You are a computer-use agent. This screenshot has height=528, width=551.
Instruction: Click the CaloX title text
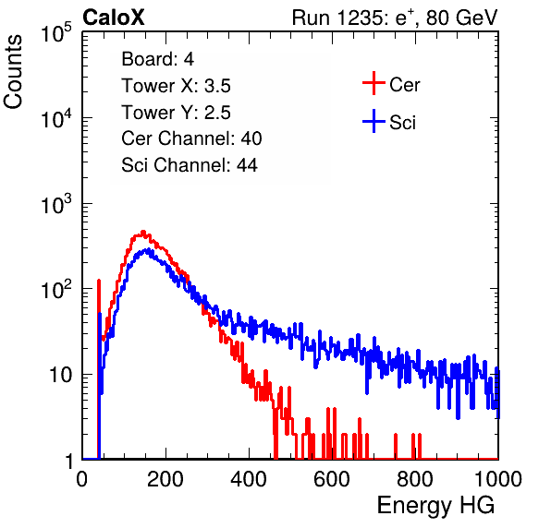(113, 18)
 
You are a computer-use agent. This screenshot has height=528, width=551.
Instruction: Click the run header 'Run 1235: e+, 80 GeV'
(395, 18)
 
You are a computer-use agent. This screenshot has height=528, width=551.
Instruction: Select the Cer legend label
(404, 85)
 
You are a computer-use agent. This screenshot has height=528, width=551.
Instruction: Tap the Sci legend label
(402, 123)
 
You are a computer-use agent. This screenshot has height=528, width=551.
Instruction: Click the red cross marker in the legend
(373, 83)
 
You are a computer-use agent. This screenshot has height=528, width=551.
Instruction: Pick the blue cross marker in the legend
(373, 121)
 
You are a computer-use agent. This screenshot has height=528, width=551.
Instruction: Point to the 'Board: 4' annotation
(158, 59)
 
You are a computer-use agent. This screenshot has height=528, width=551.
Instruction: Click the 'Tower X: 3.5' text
(176, 86)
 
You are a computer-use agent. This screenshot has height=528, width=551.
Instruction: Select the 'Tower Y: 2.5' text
(176, 113)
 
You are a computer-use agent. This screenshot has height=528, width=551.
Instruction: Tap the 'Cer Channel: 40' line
(191, 138)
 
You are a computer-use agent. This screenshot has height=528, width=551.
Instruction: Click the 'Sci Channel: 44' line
(190, 165)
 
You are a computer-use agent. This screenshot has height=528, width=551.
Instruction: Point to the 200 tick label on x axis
(165, 479)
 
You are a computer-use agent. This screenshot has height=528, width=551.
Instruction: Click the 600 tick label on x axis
(332, 479)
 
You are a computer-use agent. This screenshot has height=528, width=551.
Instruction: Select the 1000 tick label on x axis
(498, 479)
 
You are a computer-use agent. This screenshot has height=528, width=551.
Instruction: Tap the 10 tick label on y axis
(60, 375)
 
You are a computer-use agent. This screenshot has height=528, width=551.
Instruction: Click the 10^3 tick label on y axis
(56, 204)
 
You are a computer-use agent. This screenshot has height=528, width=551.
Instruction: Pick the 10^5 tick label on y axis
(56, 32)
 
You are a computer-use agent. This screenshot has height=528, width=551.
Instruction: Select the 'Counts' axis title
(13, 71)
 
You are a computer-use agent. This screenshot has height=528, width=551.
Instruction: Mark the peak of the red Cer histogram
(143, 232)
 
